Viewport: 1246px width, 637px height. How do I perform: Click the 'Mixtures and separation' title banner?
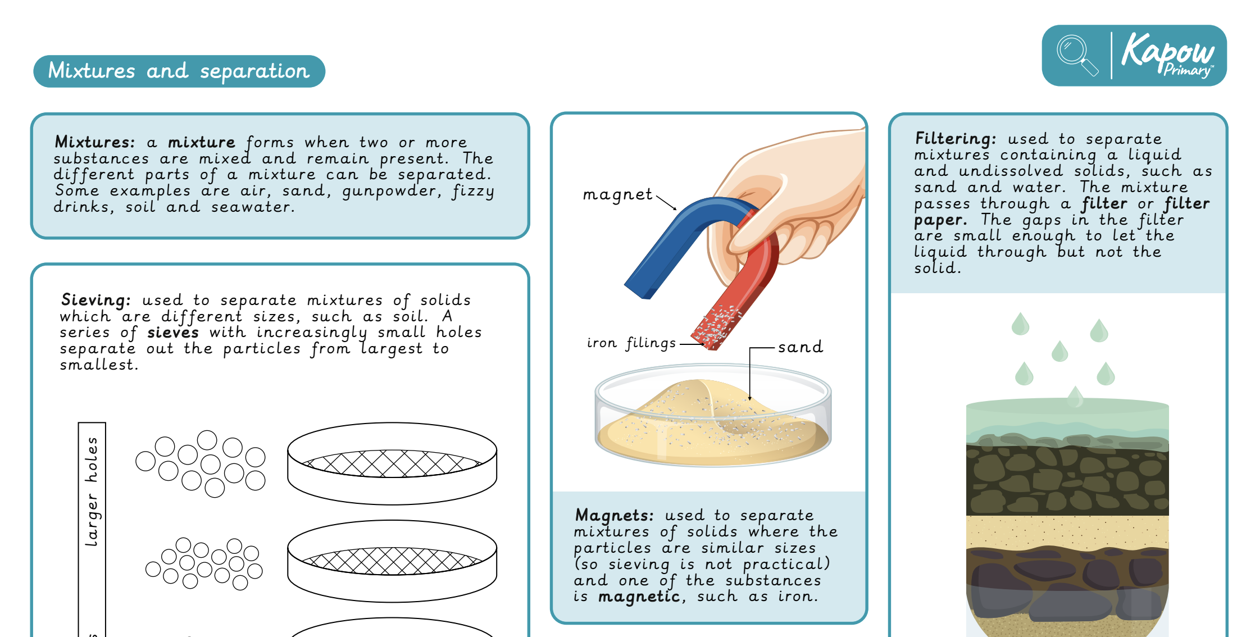(x=179, y=71)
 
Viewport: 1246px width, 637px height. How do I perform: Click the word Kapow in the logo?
(x=1167, y=51)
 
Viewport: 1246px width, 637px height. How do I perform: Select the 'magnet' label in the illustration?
(x=617, y=194)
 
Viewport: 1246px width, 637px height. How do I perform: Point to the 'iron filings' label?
(x=631, y=343)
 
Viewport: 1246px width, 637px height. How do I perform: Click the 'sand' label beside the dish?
(x=801, y=347)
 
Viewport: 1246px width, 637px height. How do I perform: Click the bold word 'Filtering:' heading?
(x=956, y=139)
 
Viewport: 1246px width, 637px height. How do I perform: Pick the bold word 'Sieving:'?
(x=96, y=300)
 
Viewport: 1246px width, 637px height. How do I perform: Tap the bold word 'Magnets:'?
(x=615, y=515)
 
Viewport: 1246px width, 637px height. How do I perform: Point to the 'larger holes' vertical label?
(x=92, y=492)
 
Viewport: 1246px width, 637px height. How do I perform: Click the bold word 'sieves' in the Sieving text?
(x=173, y=333)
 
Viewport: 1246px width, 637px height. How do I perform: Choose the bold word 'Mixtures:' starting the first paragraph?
(x=95, y=142)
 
